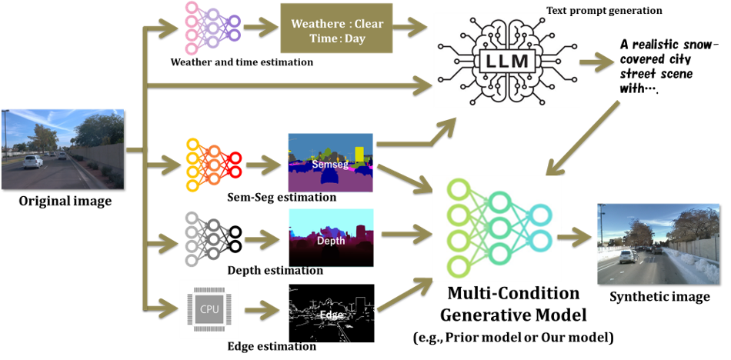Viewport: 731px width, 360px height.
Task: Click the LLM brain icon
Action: pos(506,60)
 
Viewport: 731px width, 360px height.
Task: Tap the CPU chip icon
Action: pos(209,309)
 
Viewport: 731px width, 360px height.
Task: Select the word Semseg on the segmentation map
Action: pos(330,164)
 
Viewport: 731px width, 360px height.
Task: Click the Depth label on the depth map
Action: pos(331,240)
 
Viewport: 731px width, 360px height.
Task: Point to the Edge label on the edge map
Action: pos(331,315)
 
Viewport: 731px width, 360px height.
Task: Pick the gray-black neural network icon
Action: pos(207,238)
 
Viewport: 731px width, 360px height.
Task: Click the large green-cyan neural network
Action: pos(497,227)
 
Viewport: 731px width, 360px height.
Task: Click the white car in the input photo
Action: pos(32,162)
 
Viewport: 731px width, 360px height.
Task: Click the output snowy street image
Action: pos(657,244)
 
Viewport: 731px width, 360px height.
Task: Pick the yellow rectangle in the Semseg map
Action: pos(359,153)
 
